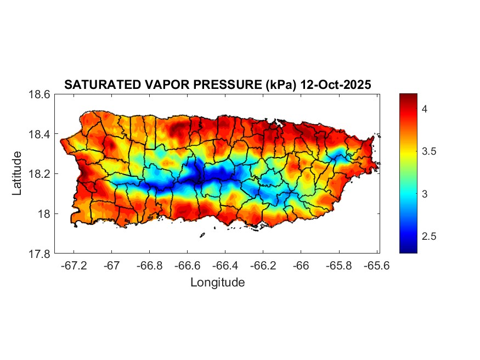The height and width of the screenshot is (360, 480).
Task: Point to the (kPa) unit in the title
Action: point(276,85)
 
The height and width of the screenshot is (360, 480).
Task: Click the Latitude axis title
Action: point(18,173)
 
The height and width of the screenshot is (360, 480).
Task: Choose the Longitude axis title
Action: point(217,283)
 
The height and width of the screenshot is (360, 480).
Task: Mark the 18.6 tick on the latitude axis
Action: point(40,94)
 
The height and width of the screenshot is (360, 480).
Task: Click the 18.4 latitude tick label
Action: point(40,134)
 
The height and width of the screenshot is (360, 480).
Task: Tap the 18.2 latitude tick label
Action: point(40,174)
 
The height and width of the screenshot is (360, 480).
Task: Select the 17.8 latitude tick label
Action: point(40,254)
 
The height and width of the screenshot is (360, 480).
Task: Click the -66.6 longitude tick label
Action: point(187,265)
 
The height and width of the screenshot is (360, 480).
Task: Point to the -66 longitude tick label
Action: point(301,265)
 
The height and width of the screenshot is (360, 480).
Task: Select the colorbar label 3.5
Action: point(428,151)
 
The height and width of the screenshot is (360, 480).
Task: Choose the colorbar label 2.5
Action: point(428,237)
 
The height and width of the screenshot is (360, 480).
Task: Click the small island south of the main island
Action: point(202,235)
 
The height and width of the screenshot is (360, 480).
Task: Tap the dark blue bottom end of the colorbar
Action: point(408,250)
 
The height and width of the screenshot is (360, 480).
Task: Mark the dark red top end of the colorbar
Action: point(408,97)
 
